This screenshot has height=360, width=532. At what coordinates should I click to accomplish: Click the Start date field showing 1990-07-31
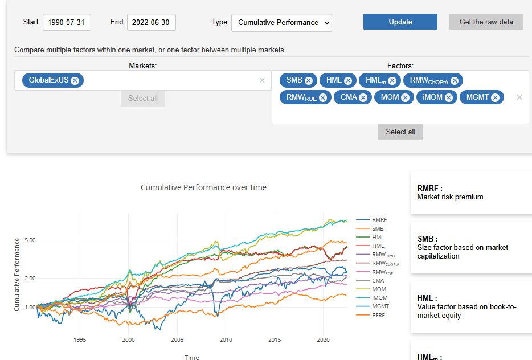tap(67, 22)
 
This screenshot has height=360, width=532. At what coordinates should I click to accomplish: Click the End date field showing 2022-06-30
tap(151, 22)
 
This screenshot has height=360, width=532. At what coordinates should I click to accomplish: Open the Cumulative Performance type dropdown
tap(281, 22)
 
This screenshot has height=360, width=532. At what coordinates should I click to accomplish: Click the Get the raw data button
tap(486, 22)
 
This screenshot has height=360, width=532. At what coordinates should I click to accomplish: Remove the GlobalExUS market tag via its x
tap(75, 80)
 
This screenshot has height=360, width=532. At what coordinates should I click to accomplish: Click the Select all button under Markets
tap(142, 98)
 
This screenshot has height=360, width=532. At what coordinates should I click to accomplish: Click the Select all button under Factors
tap(400, 132)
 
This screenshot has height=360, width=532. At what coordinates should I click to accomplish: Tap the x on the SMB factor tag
tap(309, 80)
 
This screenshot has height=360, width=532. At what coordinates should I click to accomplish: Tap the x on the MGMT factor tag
tap(495, 97)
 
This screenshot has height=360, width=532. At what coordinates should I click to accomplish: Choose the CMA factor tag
tap(348, 97)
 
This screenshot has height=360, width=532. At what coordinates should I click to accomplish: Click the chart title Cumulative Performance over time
tap(203, 187)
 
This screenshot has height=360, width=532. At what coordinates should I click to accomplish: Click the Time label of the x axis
tap(191, 357)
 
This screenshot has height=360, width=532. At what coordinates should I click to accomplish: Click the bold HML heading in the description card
tap(427, 298)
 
